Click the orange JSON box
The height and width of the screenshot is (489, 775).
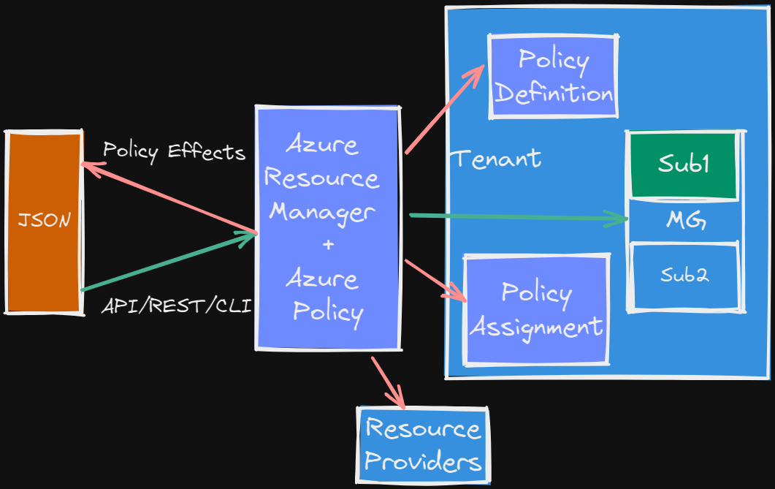[x=43, y=221]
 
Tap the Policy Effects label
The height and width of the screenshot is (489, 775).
[x=174, y=151]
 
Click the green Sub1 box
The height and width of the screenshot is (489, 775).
[x=684, y=164]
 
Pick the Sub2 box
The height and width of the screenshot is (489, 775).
[x=684, y=276]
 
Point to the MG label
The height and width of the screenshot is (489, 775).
[x=685, y=220]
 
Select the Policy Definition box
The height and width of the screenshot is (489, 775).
[x=553, y=76]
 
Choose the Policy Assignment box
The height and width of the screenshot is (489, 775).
[x=536, y=309]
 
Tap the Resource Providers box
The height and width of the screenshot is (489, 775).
[x=423, y=444]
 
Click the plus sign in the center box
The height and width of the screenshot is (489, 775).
[x=328, y=244]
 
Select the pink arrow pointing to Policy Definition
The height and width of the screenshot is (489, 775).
[x=443, y=110]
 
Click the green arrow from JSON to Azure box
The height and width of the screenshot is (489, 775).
[x=168, y=262]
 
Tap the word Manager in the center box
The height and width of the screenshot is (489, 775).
[x=322, y=212]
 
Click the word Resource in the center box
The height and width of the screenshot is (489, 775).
[x=322, y=178]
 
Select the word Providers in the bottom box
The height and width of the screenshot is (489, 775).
[x=423, y=461]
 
